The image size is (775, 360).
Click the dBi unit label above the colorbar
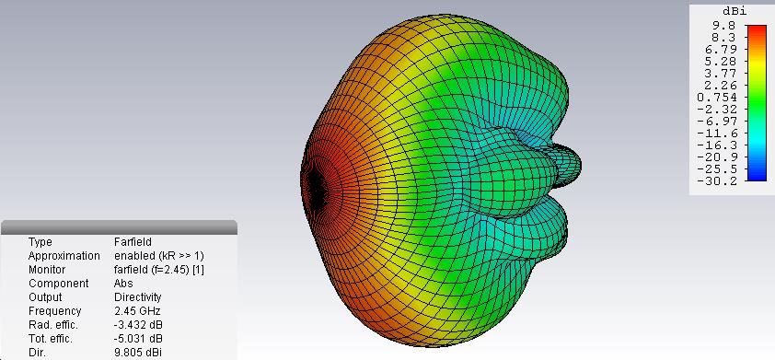[733, 11]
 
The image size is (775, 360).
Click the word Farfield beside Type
[133, 242]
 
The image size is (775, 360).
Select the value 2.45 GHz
[137, 311]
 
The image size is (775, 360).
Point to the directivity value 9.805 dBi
[138, 353]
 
